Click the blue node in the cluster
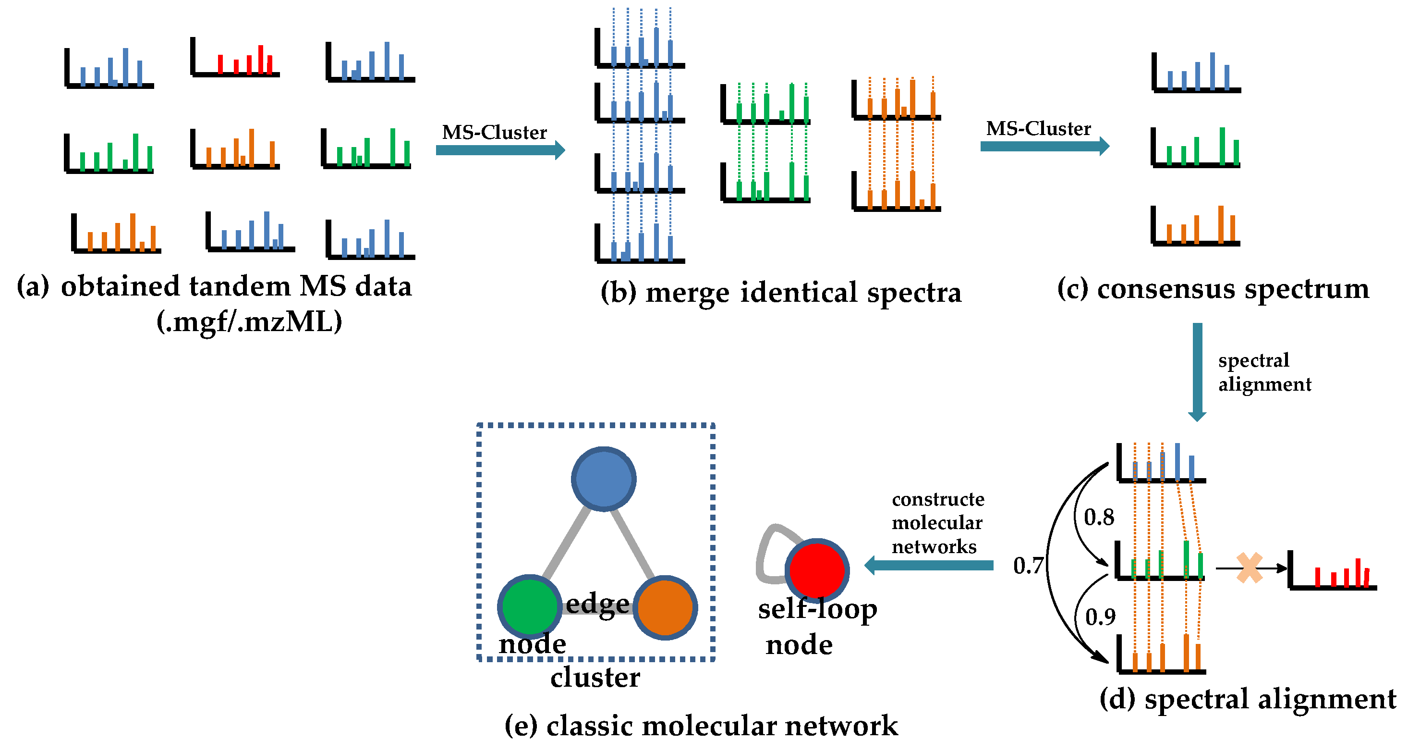pos(604,479)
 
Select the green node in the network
pos(529,606)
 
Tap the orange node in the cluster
pos(665,607)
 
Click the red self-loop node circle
pos(816,570)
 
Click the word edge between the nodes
pos(597,604)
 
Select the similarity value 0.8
pos(1099,517)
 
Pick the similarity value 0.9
pos(1100,617)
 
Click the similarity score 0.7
pos(1028,566)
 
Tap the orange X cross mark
pos(1250,568)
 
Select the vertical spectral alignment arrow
pos(1197,372)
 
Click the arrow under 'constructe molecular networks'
pos(929,566)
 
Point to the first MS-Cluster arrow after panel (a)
pos(500,150)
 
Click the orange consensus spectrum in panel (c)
pos(1196,226)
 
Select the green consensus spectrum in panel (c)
pos(1196,148)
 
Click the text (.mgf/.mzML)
pos(250,322)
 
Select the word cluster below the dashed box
pos(595,678)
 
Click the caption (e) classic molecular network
pos(701,726)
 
